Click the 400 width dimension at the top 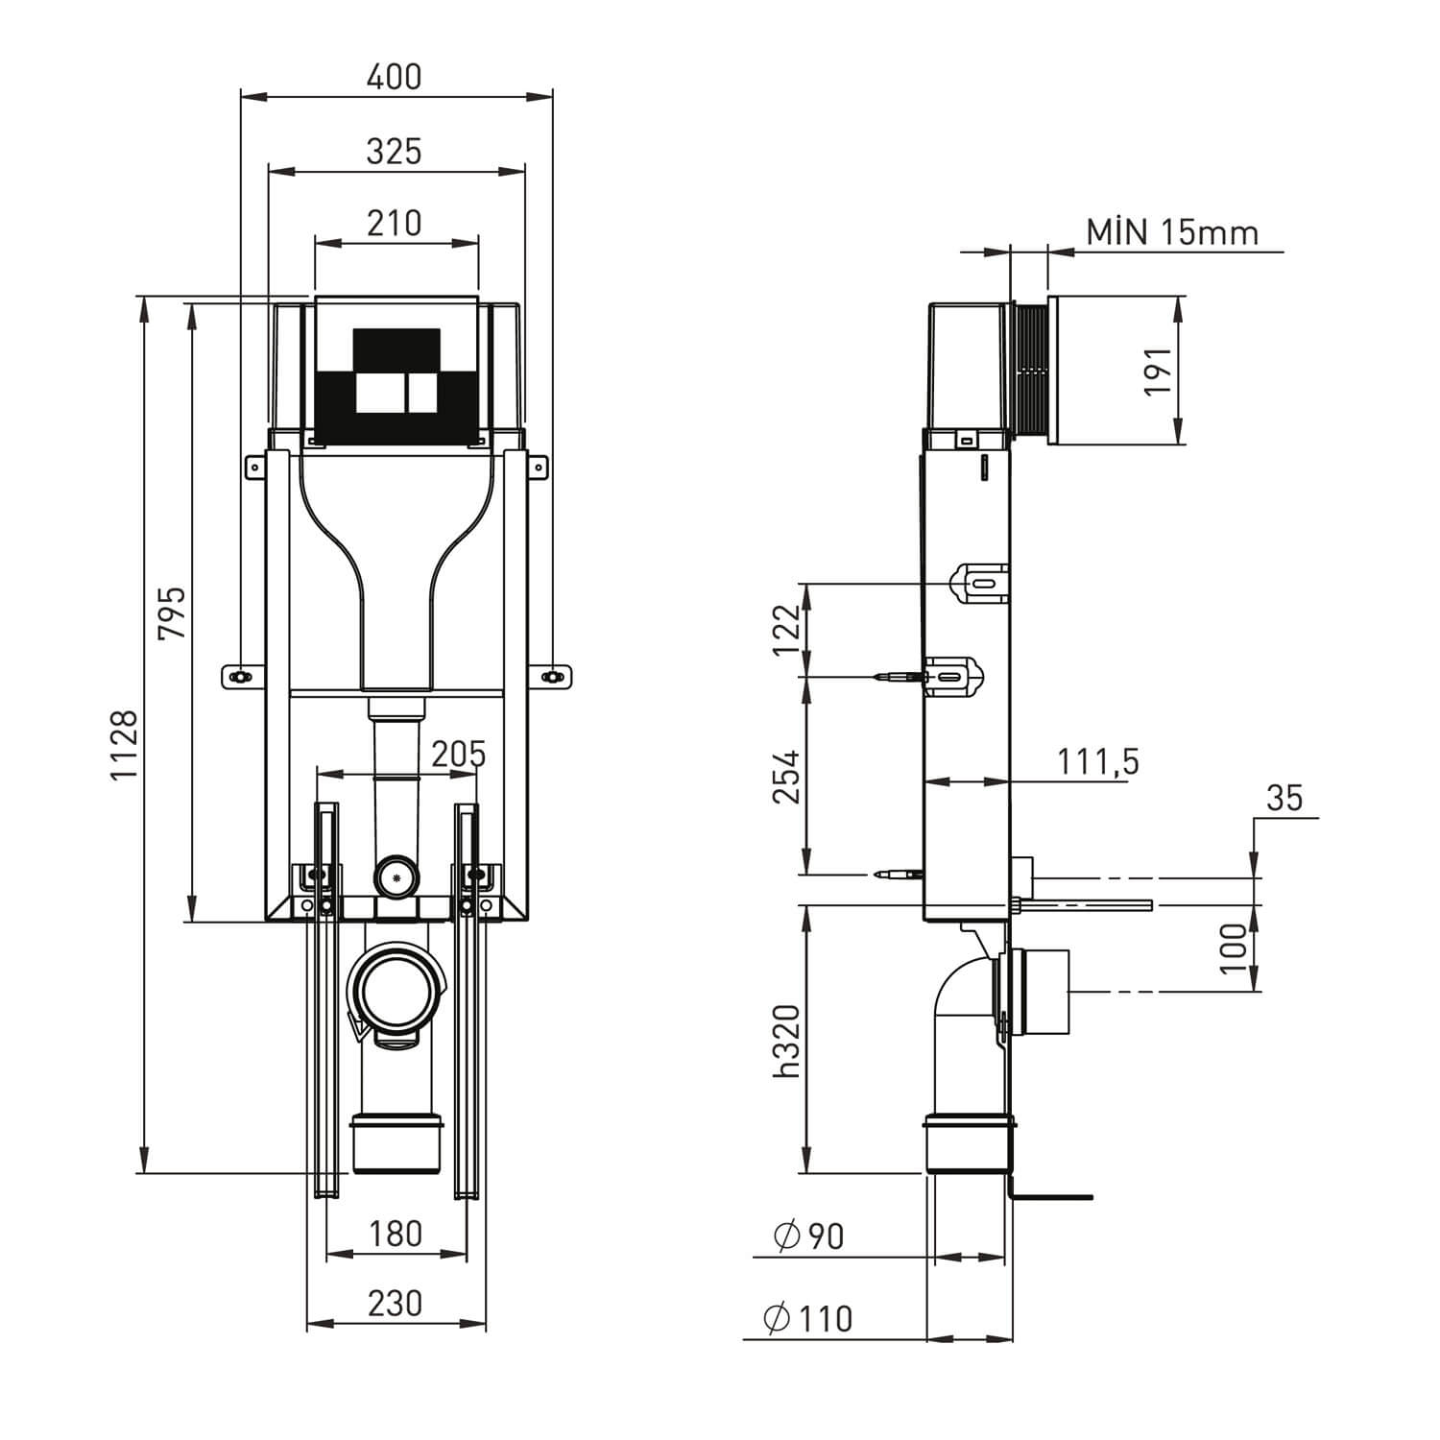coord(395,77)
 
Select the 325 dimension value coord(395,152)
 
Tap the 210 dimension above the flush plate coord(395,223)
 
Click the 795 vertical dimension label coord(173,612)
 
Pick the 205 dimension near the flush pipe coord(458,755)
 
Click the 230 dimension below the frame coord(395,1304)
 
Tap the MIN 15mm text coord(1171,232)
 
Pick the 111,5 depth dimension coord(1097,761)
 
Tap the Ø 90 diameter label coord(808,1236)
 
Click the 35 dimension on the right coord(1284,798)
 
